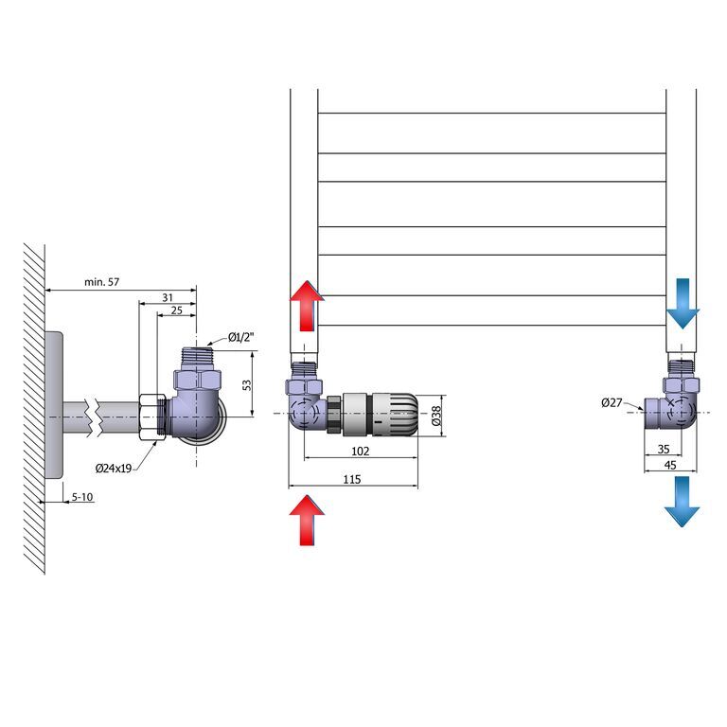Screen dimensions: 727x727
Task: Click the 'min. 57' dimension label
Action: tap(101, 282)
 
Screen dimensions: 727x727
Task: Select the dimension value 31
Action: tap(168, 297)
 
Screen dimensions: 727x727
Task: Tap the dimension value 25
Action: tap(177, 310)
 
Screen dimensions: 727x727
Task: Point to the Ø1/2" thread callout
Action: tap(241, 337)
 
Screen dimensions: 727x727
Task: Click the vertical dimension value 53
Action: tap(248, 385)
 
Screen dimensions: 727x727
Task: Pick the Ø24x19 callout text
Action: tap(114, 469)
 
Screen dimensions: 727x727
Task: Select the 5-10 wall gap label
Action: tap(82, 497)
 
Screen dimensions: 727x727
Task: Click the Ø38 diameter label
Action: tap(435, 416)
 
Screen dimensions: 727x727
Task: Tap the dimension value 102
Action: tap(361, 452)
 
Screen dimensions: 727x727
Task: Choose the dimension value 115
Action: tap(352, 479)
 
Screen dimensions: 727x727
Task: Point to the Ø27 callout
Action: tap(612, 403)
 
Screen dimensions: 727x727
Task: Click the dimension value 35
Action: tap(664, 449)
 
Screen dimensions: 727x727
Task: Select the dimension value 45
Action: tap(670, 465)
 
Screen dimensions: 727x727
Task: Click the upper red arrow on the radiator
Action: tap(307, 306)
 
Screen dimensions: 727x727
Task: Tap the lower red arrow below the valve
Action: tap(307, 520)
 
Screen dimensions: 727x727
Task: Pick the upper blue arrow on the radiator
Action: tap(683, 304)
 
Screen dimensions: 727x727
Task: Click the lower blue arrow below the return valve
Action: tap(682, 501)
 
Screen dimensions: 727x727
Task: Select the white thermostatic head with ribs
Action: tap(395, 415)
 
